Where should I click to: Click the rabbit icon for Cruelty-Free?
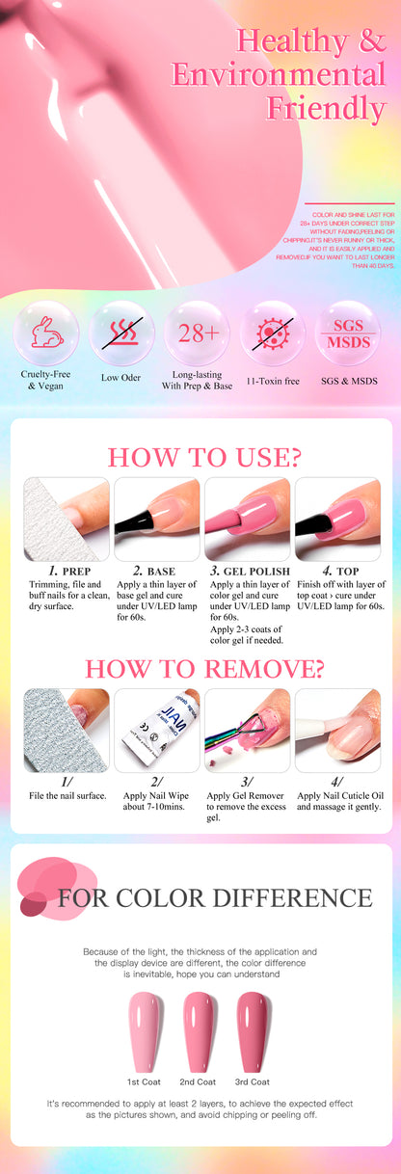click(46, 333)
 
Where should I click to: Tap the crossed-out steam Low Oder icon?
click(121, 333)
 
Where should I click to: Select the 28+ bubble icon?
click(199, 333)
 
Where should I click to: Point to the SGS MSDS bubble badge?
click(349, 333)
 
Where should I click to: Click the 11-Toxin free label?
click(273, 381)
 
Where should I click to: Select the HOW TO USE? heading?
click(204, 457)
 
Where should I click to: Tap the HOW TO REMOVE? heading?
click(204, 668)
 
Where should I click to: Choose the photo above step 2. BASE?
click(157, 520)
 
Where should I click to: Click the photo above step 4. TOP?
click(337, 520)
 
